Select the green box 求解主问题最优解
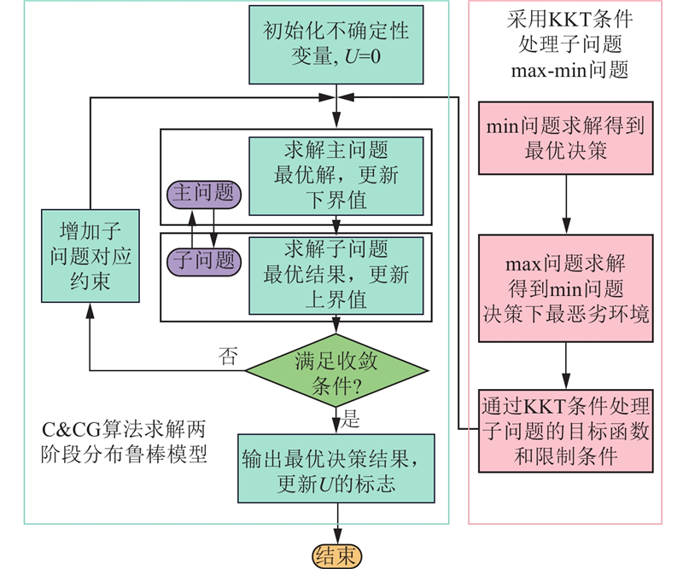(x=336, y=176)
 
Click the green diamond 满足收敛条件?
(x=336, y=371)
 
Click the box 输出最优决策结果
(x=336, y=469)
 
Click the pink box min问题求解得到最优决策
(x=563, y=139)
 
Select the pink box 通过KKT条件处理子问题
(x=563, y=430)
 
